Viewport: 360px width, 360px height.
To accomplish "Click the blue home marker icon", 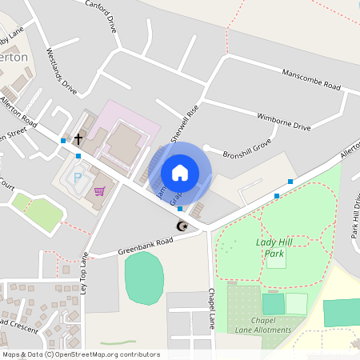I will (x=180, y=172).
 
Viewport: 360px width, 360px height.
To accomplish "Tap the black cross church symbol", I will (x=78, y=139).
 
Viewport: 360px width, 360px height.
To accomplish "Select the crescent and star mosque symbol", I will (x=183, y=226).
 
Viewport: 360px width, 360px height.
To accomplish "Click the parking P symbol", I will (x=78, y=178).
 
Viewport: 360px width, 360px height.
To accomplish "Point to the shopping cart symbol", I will (x=99, y=191).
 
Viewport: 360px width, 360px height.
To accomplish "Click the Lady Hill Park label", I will (x=270, y=246).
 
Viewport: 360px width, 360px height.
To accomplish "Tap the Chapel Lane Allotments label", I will (x=266, y=325).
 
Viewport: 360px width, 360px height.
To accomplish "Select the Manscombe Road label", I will (x=310, y=80).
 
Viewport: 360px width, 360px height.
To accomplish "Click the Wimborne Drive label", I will (x=283, y=121).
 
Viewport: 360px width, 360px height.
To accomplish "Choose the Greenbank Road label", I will (x=146, y=243).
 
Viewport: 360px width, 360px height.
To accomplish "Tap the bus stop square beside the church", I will (x=63, y=141).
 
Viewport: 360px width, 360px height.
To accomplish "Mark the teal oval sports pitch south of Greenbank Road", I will (x=144, y=277).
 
